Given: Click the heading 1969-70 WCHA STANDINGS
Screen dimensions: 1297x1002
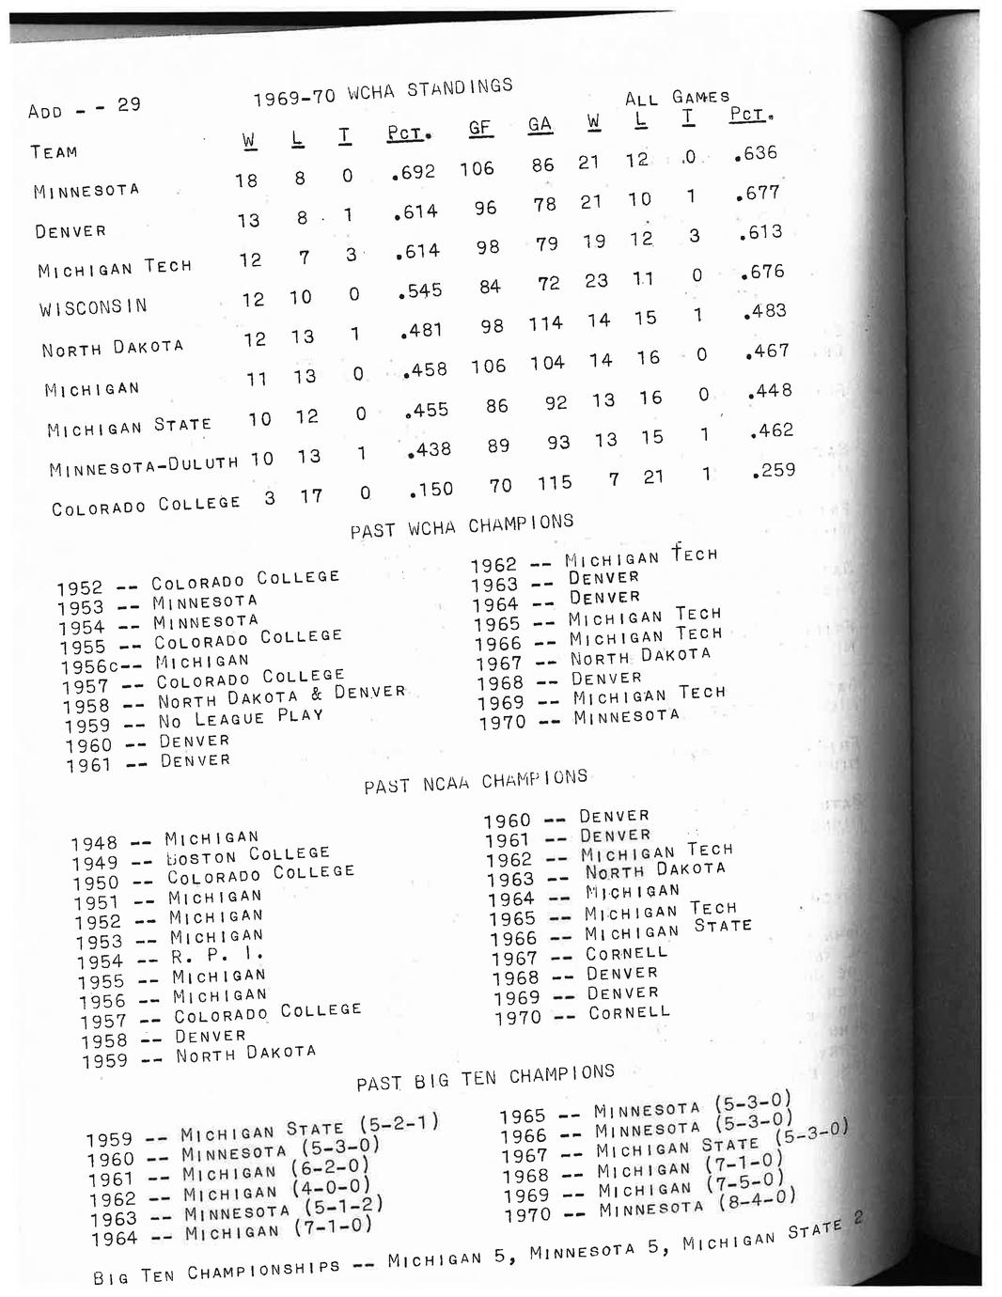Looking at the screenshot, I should click(x=383, y=92).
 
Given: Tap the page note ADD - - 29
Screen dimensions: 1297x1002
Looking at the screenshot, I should click(x=85, y=107).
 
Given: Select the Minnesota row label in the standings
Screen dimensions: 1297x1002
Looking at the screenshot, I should click(x=86, y=191).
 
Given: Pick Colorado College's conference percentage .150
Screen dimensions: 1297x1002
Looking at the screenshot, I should click(x=431, y=489).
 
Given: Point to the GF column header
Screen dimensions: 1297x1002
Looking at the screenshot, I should click(x=479, y=129).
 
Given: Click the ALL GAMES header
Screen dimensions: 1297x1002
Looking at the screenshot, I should click(x=677, y=98).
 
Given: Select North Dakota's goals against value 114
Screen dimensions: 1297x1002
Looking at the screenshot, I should click(x=545, y=323).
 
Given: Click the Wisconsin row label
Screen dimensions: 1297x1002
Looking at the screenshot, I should click(x=93, y=307).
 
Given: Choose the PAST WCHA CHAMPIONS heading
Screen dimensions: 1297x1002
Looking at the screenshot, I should click(x=462, y=525).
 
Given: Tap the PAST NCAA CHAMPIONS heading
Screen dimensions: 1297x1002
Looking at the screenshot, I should click(x=476, y=782).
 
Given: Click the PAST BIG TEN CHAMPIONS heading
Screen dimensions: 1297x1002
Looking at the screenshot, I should click(x=485, y=1078).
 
